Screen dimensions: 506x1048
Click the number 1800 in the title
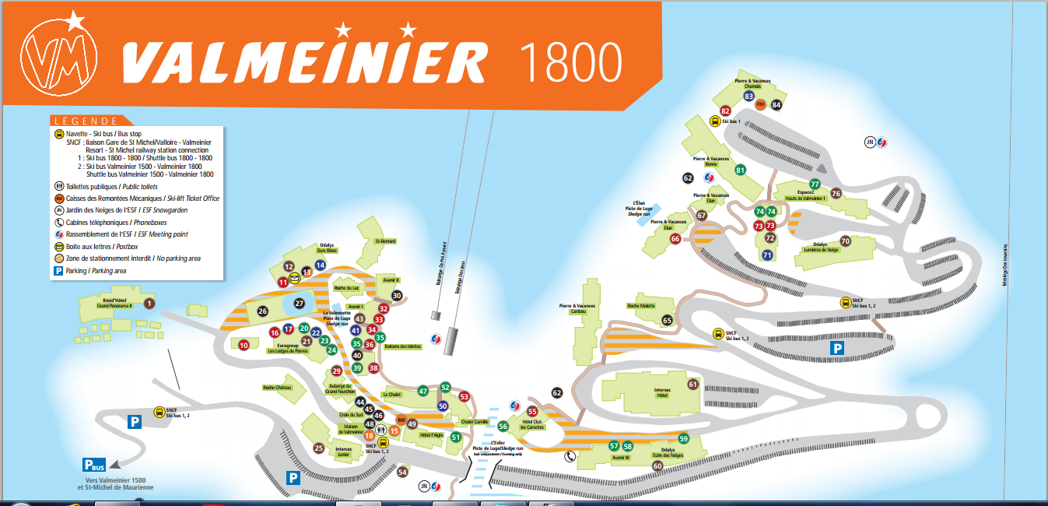click(573, 61)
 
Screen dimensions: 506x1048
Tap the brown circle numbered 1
click(149, 303)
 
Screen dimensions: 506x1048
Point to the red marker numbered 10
click(244, 345)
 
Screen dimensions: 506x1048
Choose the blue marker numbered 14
click(320, 265)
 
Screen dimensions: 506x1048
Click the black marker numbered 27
click(299, 304)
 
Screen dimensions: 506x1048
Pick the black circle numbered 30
click(397, 296)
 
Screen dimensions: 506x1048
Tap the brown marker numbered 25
click(318, 448)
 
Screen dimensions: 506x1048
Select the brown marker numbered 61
click(692, 385)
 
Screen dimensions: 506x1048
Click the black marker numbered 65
click(667, 320)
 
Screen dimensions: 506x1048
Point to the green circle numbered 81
click(740, 170)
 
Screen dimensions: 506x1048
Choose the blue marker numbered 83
click(749, 97)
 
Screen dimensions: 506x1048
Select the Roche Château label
click(277, 387)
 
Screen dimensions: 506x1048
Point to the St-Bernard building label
click(384, 241)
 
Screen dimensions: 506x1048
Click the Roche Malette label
click(641, 306)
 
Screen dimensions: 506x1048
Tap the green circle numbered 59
click(684, 438)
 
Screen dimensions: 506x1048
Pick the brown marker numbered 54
click(402, 472)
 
